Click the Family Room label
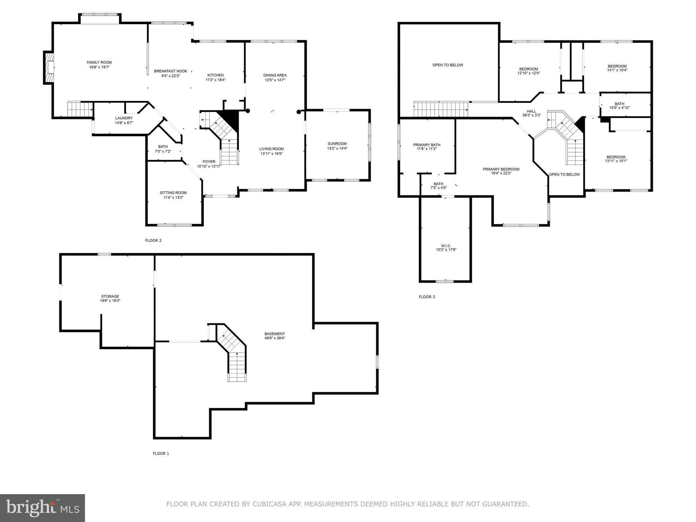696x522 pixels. [99, 63]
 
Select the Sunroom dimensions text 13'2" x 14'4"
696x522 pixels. [337, 149]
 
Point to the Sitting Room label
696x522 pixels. [173, 193]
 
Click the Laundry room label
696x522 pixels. [124, 118]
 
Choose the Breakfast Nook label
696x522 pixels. [171, 71]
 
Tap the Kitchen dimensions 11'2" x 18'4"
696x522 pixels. [215, 80]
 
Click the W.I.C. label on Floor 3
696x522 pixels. [446, 246]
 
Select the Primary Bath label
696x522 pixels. [427, 145]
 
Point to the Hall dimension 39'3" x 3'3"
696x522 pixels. [531, 116]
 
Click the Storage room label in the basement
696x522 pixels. [110, 296]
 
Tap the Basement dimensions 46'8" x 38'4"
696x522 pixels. [275, 338]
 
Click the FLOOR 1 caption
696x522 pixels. [161, 453]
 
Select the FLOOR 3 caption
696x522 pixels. [427, 297]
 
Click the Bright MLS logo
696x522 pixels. [42, 508]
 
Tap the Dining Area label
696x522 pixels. [275, 75]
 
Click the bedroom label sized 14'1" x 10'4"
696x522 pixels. [617, 66]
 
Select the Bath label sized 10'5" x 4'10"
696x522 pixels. [619, 104]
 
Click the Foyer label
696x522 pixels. [209, 162]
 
